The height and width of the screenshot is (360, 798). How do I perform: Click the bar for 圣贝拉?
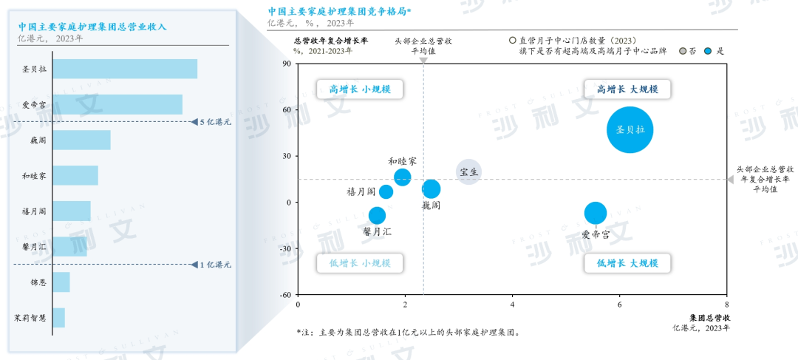click(x=125, y=69)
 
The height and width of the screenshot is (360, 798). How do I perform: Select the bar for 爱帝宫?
click(x=117, y=104)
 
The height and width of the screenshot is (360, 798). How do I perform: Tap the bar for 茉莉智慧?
click(x=59, y=317)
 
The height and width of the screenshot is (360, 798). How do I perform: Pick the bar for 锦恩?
click(x=61, y=282)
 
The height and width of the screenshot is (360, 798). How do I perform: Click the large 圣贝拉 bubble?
click(x=630, y=129)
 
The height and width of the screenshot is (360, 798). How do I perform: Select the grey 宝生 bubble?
click(x=468, y=172)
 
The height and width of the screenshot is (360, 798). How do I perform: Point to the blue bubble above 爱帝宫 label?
click(x=595, y=213)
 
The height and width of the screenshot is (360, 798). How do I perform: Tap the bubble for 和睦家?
click(x=403, y=177)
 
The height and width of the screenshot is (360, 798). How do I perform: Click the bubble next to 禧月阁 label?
click(x=386, y=191)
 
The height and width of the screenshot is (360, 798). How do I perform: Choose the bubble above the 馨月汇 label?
click(x=377, y=215)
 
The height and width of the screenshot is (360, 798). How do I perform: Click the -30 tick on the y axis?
click(x=285, y=248)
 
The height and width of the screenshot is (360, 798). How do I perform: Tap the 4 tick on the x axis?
click(x=512, y=304)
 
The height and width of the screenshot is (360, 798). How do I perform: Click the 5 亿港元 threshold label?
click(x=215, y=122)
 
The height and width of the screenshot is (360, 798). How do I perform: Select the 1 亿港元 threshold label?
click(x=215, y=264)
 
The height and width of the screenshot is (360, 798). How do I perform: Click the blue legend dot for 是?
click(x=707, y=52)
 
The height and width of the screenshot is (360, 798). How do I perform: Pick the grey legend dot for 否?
click(x=682, y=52)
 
